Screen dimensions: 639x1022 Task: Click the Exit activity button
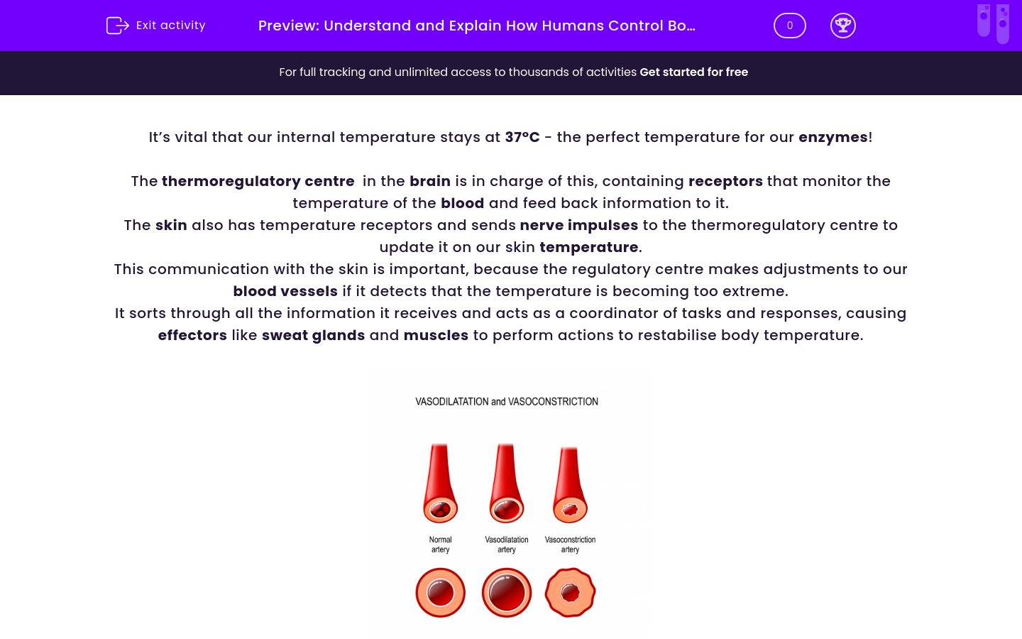(x=156, y=26)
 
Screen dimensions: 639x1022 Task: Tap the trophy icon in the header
(x=842, y=26)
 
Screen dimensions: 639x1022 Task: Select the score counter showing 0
(x=789, y=26)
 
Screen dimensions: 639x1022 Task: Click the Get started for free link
(x=693, y=72)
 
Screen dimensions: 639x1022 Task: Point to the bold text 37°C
(x=522, y=137)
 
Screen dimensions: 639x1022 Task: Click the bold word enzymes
(x=833, y=137)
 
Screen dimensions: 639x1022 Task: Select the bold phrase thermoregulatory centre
(x=258, y=181)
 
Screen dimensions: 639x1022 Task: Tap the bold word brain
(x=429, y=181)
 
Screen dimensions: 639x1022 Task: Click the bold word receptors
(x=725, y=181)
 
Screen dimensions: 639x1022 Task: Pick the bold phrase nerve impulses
(x=578, y=225)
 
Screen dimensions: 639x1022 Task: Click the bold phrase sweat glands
(x=313, y=335)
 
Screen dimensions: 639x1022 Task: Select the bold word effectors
(x=192, y=335)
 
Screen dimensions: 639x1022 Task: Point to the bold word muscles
(x=436, y=335)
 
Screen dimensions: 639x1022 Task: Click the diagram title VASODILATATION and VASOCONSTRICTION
(x=507, y=402)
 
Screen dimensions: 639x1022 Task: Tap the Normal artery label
(x=440, y=545)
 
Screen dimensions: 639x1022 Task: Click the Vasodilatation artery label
(x=507, y=545)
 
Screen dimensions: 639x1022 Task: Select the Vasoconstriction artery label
(x=570, y=545)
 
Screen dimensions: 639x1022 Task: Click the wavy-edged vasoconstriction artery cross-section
(x=570, y=592)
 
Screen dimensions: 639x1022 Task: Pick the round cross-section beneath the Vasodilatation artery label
(x=507, y=592)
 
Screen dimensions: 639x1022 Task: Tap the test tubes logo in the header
(x=993, y=23)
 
